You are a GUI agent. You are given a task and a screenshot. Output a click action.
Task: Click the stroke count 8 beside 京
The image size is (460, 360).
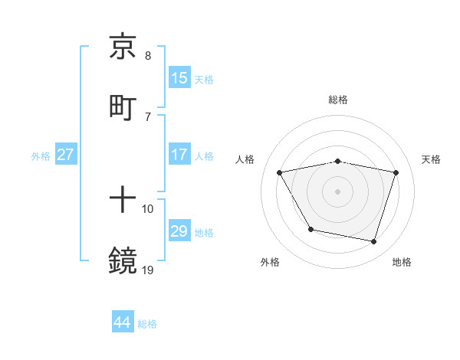(148, 56)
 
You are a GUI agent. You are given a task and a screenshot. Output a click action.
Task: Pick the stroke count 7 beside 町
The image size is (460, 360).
(148, 116)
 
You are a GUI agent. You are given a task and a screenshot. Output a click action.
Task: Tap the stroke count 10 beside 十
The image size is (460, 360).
(148, 209)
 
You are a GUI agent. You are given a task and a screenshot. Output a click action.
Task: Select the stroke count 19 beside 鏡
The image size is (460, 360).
(148, 270)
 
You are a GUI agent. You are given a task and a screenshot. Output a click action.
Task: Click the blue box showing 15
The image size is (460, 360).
(179, 78)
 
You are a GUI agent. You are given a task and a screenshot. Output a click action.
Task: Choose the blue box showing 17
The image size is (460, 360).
(179, 155)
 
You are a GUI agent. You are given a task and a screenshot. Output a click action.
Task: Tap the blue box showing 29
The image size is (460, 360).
(179, 231)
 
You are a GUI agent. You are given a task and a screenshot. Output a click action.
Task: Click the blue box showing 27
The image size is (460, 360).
(66, 155)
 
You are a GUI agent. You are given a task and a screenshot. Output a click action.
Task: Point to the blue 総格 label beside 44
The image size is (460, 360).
(147, 324)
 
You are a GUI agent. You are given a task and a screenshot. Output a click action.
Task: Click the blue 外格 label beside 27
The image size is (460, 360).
(41, 156)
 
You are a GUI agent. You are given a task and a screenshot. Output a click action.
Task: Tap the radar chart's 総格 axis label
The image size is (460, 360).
(338, 100)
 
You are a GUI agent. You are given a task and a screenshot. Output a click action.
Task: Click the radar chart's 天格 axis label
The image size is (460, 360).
(432, 159)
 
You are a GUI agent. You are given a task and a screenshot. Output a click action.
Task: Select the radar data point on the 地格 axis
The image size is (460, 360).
(374, 242)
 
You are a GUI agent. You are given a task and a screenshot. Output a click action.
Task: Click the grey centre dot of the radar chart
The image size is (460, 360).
(338, 191)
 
